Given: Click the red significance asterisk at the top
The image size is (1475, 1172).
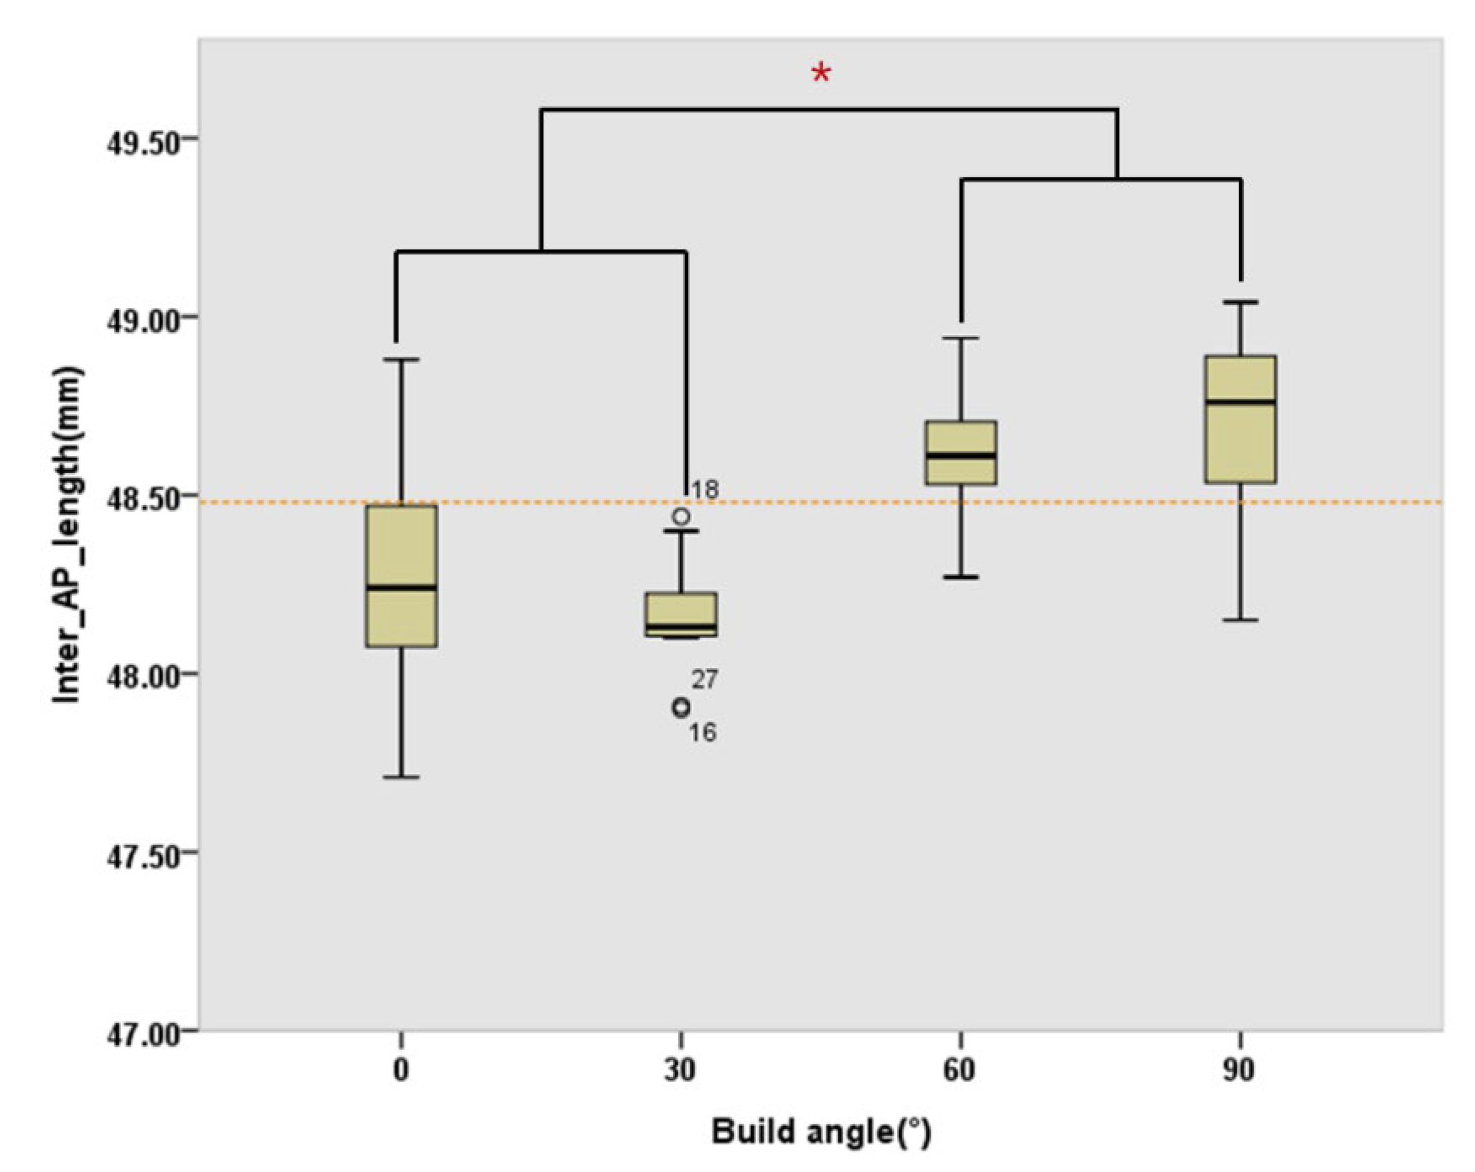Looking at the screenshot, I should (821, 73).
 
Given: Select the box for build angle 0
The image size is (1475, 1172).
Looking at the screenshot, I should (402, 576).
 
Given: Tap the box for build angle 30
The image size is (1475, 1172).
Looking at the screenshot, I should (681, 614).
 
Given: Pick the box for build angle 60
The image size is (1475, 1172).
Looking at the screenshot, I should (961, 453).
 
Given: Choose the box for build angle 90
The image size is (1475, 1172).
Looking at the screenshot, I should (1240, 419).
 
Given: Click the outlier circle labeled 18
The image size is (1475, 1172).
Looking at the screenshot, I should (681, 516).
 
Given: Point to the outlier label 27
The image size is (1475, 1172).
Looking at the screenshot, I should (704, 679).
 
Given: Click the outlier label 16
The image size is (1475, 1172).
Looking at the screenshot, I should (702, 733).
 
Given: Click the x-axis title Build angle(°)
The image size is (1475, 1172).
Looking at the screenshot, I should (821, 1131).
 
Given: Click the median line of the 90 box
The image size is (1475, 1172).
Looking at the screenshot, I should (1240, 401).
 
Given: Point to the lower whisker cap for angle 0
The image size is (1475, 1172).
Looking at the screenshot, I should (402, 777).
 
